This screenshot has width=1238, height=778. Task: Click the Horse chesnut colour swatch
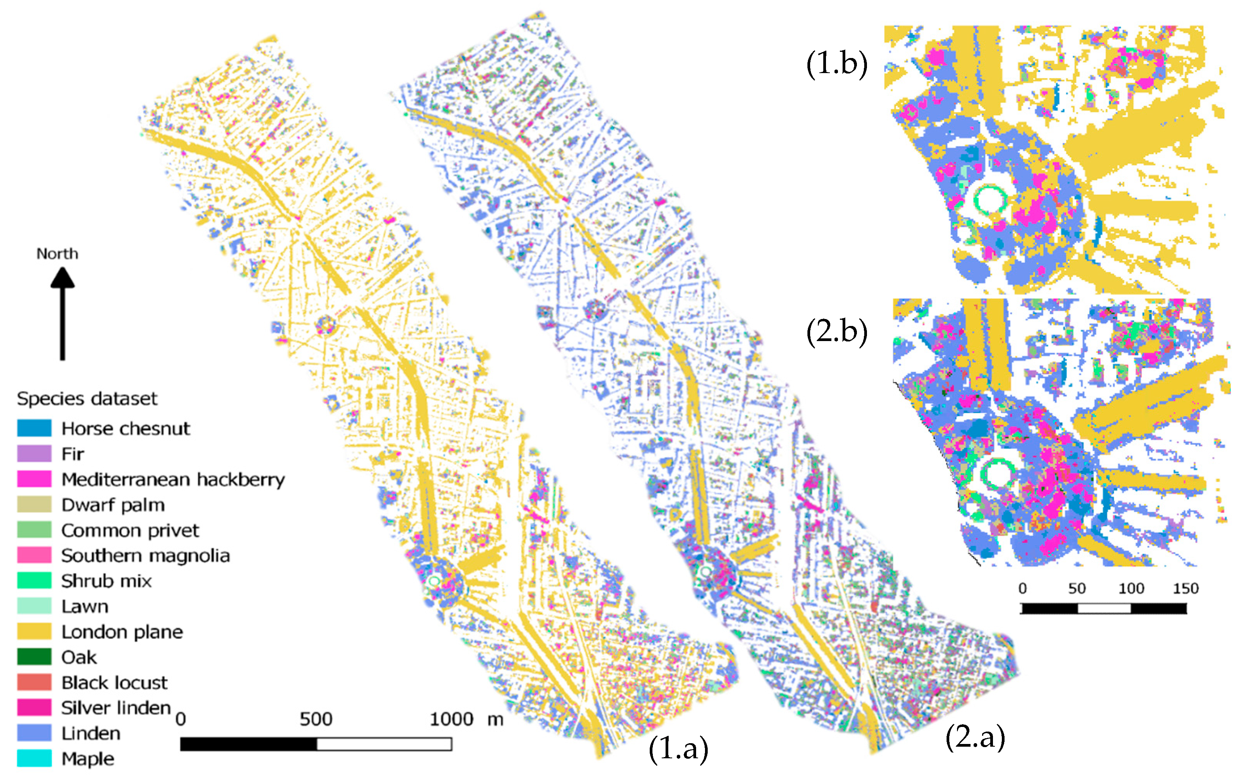[x=34, y=428]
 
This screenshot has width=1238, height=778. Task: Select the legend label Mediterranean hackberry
[x=173, y=479]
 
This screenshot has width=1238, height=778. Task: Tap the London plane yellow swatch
[x=34, y=631]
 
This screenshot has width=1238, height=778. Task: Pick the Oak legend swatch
[x=34, y=657]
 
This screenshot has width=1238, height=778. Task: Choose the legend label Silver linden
[x=116, y=708]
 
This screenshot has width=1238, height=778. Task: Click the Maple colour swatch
[x=34, y=758]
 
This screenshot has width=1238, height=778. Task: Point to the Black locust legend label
[x=114, y=682]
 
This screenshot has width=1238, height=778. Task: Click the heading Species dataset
[x=87, y=399]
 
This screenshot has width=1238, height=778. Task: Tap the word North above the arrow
[x=57, y=254]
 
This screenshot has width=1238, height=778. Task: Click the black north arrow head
[x=62, y=278]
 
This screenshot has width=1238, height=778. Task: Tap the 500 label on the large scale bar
[x=316, y=719]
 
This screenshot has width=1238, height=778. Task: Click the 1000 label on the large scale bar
[x=451, y=719]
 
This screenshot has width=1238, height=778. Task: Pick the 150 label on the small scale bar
[x=1185, y=588]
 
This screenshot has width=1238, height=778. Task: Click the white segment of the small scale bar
[x=1104, y=608]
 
